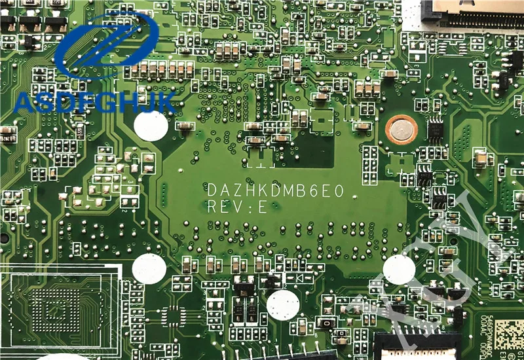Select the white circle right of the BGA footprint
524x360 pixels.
coord(149,268)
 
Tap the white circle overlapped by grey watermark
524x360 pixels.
coord(398,270)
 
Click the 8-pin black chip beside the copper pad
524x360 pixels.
coord(435,128)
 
